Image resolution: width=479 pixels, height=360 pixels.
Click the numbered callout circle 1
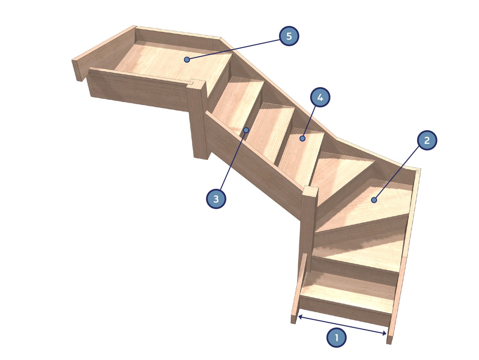(336, 338)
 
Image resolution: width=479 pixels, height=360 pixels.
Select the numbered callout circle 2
(427, 140)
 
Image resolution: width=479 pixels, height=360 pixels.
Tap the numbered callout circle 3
(216, 199)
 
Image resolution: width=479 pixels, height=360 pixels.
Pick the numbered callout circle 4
(320, 97)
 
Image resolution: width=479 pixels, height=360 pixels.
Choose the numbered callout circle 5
(289, 36)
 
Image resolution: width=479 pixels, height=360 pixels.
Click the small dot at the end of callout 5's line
(187, 60)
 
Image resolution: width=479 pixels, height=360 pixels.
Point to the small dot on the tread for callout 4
(302, 139)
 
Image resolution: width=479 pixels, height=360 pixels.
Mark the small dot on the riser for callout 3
(246, 130)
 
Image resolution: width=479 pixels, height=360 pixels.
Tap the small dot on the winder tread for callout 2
(374, 200)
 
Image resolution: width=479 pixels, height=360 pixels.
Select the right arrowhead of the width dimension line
(384, 333)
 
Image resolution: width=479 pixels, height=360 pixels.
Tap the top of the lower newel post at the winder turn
(310, 191)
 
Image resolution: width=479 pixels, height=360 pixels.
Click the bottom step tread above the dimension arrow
(348, 292)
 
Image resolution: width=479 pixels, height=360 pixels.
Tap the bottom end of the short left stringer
(293, 319)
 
